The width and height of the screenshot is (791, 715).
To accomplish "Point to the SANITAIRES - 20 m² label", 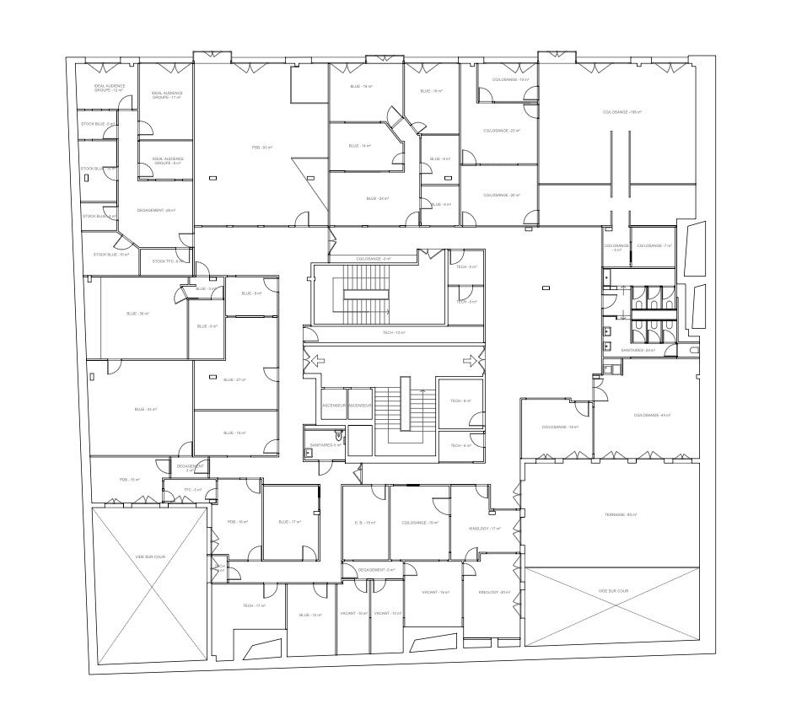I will (638, 349).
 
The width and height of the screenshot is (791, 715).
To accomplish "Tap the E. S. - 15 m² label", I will (365, 523).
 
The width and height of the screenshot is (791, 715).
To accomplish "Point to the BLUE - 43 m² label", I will (146, 410).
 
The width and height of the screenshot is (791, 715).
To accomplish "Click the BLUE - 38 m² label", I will (137, 314).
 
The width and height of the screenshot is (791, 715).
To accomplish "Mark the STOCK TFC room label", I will (167, 261).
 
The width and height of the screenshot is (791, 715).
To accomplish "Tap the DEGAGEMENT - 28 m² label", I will (159, 211).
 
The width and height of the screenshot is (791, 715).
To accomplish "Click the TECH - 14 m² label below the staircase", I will (393, 333).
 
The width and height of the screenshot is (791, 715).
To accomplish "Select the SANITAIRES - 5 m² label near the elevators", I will (325, 444).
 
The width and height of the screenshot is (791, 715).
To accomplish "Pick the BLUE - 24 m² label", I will (377, 198).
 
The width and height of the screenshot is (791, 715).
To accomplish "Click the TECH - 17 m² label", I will (255, 606).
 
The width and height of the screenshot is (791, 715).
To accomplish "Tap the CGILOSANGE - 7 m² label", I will (654, 245).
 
